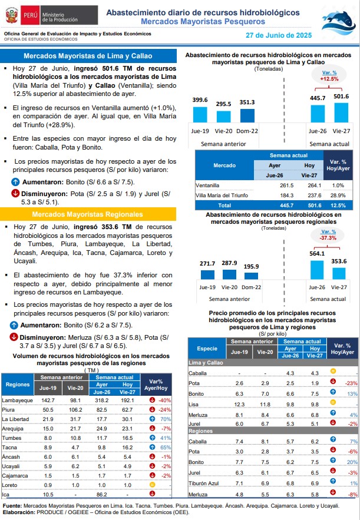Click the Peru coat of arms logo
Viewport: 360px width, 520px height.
tap(12, 15)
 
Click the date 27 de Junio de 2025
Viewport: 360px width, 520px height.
tap(279, 35)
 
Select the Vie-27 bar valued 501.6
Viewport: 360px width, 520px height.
tap(341, 112)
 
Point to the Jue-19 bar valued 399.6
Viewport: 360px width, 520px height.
tap(200, 115)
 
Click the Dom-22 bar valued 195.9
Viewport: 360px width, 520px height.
tap(251, 276)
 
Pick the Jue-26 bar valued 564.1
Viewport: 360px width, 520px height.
tap(317, 270)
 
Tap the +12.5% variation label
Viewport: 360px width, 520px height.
tap(329, 79)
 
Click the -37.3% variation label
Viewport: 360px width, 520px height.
tap(328, 238)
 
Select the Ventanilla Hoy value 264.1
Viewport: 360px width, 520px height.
tap(315, 186)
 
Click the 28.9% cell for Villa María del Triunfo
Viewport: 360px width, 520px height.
tap(338, 196)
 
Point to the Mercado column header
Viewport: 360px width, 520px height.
tap(224, 165)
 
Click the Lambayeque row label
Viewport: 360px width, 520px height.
tap(17, 400)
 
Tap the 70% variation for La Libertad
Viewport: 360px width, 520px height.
tap(166, 419)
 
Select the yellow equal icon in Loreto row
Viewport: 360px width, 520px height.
tap(152, 485)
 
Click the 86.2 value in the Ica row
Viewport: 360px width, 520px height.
tap(101, 495)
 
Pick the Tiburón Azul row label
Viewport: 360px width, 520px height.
tap(204, 483)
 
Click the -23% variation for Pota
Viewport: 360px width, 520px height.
tap(351, 383)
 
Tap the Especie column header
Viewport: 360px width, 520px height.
tap(207, 349)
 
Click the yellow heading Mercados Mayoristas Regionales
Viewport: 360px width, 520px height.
tap(88, 214)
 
